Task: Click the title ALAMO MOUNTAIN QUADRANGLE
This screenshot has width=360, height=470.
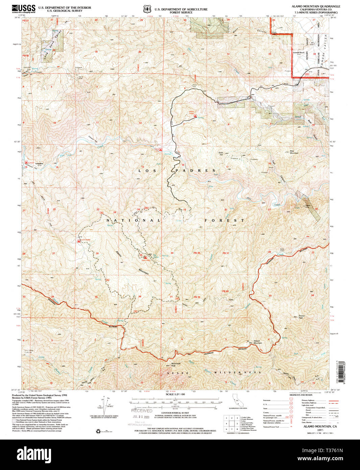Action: point(316,6)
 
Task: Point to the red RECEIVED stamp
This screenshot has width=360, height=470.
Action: point(142,410)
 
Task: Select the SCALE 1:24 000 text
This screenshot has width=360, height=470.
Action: point(175,394)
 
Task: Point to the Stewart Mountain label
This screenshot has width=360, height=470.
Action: point(258,342)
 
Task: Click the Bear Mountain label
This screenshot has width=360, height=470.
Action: point(294,152)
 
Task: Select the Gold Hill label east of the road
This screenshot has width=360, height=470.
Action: point(221,154)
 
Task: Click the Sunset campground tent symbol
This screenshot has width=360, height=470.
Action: point(26,163)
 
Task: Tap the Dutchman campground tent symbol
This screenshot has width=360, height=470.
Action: point(79,241)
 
